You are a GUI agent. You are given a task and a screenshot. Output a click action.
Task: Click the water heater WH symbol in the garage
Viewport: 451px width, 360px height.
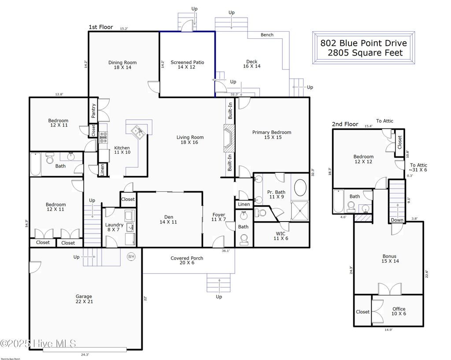coord(131,256)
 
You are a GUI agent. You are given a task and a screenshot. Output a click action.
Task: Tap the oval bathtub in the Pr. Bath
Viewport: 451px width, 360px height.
coord(301,188)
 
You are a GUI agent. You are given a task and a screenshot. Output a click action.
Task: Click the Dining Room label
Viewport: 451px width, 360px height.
coord(122,65)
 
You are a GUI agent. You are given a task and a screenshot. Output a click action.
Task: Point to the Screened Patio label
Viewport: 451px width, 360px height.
coord(187,65)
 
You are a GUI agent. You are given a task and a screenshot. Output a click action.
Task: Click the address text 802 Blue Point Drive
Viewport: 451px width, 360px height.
coord(363,43)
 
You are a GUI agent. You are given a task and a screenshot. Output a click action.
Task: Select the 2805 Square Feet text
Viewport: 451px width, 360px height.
coord(365,53)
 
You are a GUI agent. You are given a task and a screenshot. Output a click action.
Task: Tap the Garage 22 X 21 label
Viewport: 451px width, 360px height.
coord(84,299)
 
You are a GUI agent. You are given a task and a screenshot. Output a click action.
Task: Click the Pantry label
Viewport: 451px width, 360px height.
coord(93,111)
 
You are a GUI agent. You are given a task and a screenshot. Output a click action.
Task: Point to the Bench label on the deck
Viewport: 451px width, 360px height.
coord(267,35)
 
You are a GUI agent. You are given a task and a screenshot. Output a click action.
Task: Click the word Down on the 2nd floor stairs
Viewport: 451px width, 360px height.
coord(397,220)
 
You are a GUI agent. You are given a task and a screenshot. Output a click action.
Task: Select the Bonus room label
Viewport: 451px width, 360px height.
coord(389,259)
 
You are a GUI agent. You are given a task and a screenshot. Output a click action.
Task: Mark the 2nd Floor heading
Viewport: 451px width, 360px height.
coord(345,124)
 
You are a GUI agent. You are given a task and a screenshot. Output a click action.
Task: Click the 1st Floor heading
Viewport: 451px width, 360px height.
coord(101,27)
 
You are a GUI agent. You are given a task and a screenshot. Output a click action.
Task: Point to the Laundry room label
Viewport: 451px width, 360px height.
coord(115,227)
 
